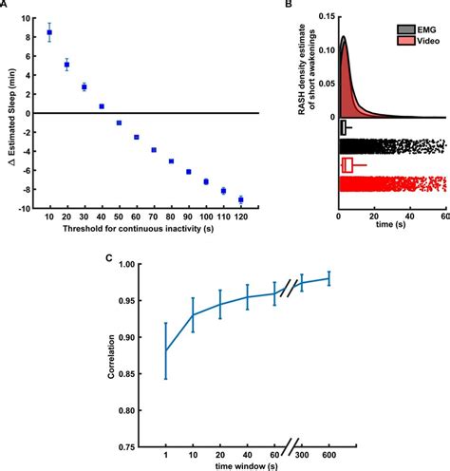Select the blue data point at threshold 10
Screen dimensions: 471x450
point(49,32)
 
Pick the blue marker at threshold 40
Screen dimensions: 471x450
point(102,106)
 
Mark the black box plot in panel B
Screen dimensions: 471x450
point(344,127)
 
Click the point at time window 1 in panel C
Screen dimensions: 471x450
point(166,350)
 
